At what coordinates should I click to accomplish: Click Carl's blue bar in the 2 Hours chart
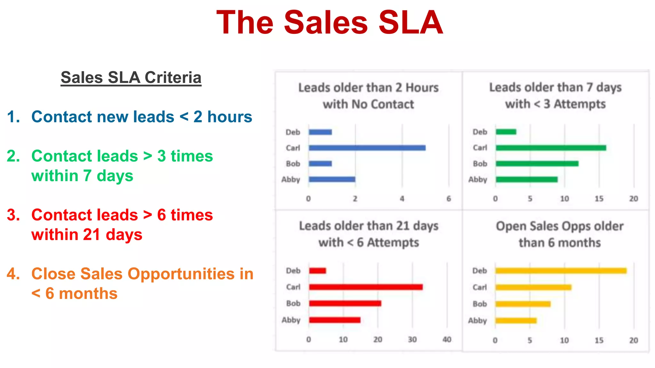[367, 148]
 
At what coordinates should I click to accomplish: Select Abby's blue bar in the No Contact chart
[332, 179]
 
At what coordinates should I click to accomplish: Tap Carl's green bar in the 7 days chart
[551, 148]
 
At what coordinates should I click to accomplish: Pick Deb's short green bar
[506, 132]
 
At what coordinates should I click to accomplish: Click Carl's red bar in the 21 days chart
[366, 287]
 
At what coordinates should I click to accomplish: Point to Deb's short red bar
[318, 271]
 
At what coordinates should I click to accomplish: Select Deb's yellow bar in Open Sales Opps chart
[561, 271]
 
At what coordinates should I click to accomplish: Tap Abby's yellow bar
[516, 320]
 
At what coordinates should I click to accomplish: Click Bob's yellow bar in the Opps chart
[523, 304]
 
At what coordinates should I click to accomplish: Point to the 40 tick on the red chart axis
[447, 339]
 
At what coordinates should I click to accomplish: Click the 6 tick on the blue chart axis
[449, 199]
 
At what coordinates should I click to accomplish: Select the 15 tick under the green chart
[599, 199]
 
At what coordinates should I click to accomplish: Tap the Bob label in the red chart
[293, 303]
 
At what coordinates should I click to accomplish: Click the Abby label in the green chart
[477, 180]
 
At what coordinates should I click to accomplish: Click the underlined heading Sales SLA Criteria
[131, 78]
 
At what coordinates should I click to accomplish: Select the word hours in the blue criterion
[230, 117]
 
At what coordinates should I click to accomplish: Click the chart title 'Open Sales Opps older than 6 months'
[560, 234]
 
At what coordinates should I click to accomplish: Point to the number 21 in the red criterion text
[92, 234]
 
